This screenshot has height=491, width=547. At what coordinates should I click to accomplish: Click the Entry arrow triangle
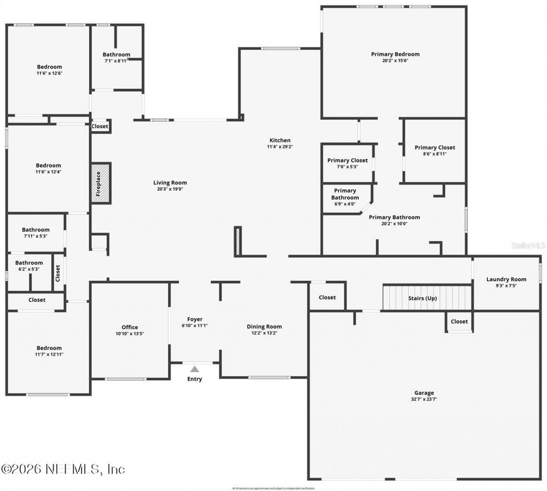194,369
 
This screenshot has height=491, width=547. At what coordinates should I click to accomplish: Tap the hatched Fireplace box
101,183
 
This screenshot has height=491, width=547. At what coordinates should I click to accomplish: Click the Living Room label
170,183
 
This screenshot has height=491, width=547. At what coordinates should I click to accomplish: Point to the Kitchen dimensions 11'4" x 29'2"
279,147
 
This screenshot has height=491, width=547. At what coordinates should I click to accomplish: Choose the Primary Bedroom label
395,54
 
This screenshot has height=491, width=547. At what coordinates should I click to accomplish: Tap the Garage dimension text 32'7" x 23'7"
424,400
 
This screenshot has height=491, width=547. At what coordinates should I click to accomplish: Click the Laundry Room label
506,279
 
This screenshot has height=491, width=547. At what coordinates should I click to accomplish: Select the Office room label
129,327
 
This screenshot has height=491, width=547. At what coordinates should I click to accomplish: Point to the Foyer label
194,319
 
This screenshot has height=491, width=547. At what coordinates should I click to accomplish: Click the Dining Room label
264,327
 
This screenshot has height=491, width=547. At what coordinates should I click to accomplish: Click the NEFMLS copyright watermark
63,469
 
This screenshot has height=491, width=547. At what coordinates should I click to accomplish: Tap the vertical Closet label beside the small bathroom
58,273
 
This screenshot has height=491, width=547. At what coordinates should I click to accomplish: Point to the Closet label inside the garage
459,322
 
